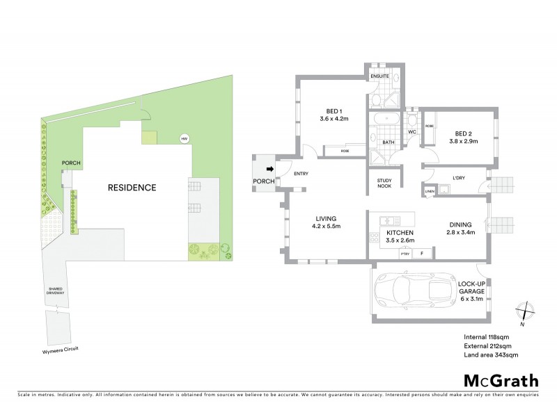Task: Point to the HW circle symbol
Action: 185,139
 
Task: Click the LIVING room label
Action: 324,222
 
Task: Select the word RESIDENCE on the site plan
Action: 131,188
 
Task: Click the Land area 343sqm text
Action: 491,355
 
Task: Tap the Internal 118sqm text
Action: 487,337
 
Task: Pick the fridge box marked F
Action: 421,254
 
